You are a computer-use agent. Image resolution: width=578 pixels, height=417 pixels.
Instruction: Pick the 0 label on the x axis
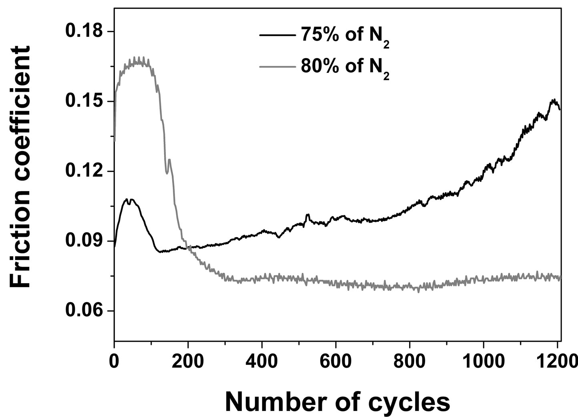tap(114, 361)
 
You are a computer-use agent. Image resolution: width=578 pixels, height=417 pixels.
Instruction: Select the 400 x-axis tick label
tap(262, 361)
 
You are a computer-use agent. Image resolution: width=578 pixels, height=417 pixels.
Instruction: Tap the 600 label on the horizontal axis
tap(335, 361)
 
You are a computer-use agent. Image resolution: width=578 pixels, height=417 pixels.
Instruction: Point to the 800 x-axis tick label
tap(409, 361)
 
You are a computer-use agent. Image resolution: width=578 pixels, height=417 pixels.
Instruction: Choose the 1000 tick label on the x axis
tap(483, 361)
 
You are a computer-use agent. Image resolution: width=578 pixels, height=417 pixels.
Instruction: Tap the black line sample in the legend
tap(277, 35)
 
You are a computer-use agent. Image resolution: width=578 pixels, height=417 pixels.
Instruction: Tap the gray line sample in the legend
tap(277, 66)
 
